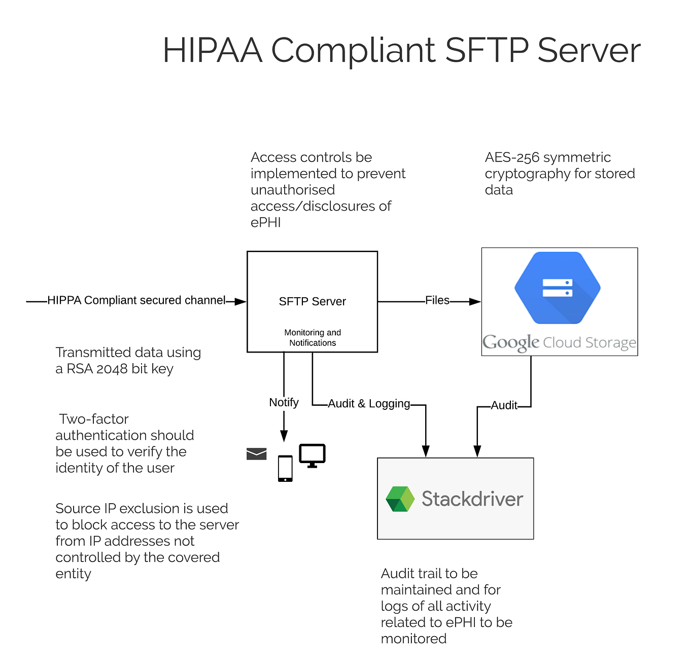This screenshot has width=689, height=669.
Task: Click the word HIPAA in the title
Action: [212, 51]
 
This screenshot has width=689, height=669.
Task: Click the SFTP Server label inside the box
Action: [312, 301]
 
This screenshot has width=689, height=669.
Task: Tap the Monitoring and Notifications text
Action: [313, 338]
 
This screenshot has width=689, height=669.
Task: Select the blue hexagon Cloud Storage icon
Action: [557, 288]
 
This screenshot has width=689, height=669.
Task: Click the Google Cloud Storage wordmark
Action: [559, 342]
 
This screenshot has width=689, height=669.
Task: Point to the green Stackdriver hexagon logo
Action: [400, 499]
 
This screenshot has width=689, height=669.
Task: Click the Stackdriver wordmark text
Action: [472, 499]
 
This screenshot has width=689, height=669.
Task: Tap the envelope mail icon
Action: [256, 453]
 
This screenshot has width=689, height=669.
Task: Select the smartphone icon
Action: [285, 468]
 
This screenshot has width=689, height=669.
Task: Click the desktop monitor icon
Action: [312, 455]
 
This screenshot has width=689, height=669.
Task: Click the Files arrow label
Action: [437, 300]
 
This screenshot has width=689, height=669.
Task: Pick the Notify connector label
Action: [284, 402]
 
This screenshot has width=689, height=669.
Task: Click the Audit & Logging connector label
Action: [369, 404]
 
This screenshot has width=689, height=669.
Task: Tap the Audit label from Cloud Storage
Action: [504, 405]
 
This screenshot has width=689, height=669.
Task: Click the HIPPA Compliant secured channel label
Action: [136, 300]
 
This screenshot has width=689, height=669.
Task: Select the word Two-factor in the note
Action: [94, 419]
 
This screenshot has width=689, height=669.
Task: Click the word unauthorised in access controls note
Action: [293, 190]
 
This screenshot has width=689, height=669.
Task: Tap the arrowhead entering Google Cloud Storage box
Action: [475, 302]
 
